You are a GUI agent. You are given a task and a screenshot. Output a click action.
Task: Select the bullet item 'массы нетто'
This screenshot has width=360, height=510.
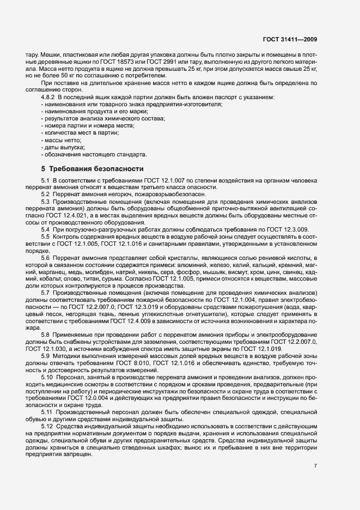coord(62,140)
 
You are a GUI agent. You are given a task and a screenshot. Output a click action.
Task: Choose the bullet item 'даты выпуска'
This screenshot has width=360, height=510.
coord(64,147)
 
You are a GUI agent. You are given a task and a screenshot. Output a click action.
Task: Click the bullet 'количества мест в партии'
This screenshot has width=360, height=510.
coord(81,133)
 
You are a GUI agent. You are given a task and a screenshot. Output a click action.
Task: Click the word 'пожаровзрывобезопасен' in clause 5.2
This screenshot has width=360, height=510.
coord(151,195)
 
